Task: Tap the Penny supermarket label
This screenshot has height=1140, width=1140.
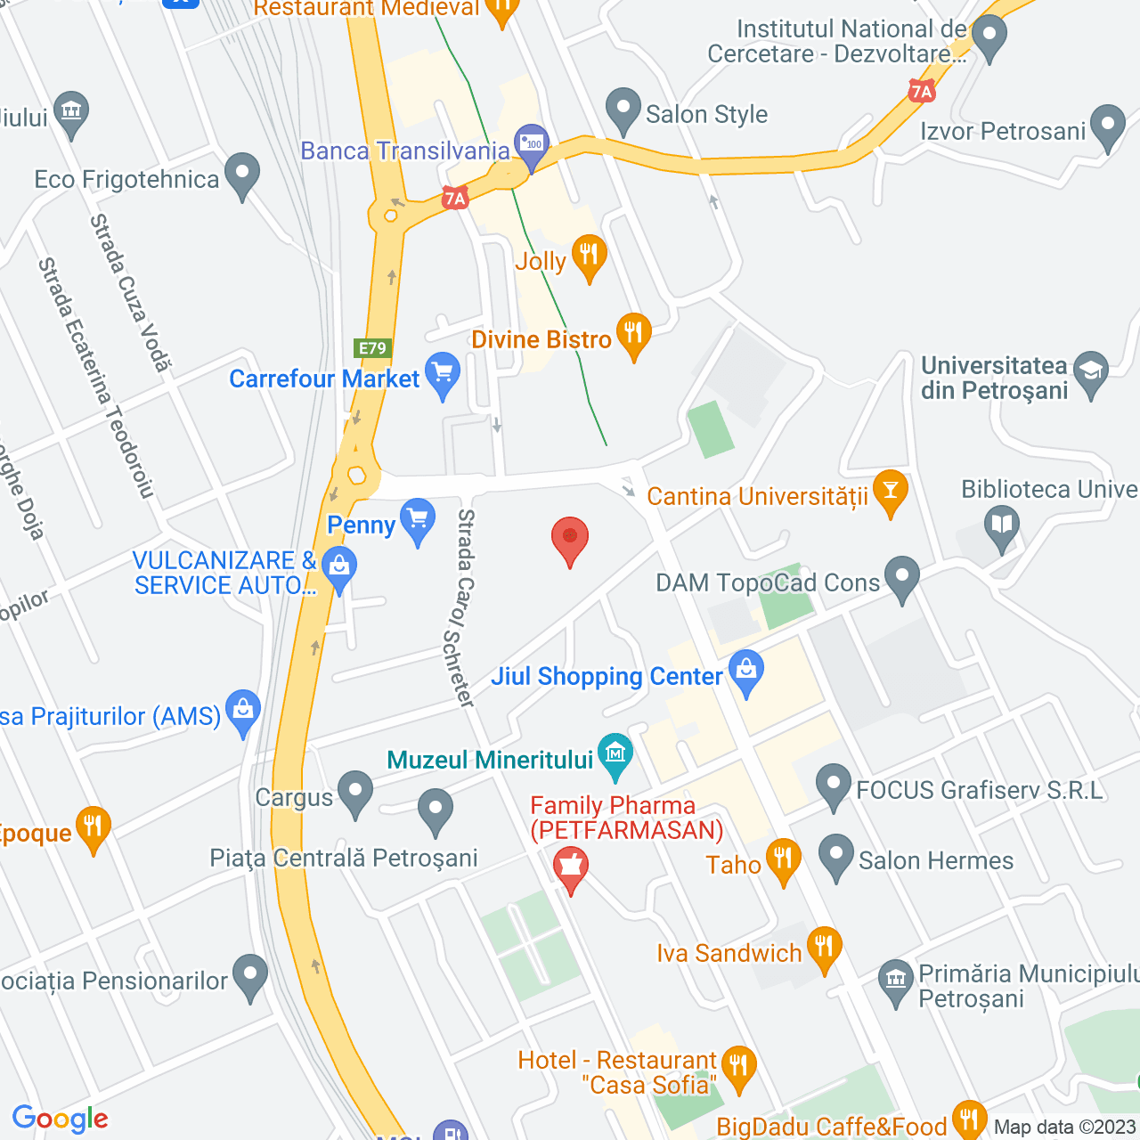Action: point(361,525)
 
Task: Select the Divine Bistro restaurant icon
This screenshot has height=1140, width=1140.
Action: point(633,335)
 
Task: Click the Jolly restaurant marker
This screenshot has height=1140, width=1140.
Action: point(589,256)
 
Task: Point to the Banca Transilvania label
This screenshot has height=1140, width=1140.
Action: point(404,151)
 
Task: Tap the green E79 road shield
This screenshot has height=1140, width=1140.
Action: point(372,348)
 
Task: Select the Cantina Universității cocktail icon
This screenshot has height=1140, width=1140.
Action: point(890,492)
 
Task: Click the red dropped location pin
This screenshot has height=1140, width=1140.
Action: point(570,540)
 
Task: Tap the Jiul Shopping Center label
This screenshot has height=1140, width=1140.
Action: point(607,677)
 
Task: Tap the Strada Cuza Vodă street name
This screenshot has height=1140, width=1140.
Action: point(130,292)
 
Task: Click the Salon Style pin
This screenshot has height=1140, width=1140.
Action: point(623,110)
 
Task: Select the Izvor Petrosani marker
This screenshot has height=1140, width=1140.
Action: point(1108,126)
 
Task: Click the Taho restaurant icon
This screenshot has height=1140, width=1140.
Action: point(783,859)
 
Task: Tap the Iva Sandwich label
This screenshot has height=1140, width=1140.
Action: point(729,954)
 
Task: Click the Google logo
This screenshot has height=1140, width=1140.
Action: point(60,1119)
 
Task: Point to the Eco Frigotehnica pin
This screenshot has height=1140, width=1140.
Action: point(241,175)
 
